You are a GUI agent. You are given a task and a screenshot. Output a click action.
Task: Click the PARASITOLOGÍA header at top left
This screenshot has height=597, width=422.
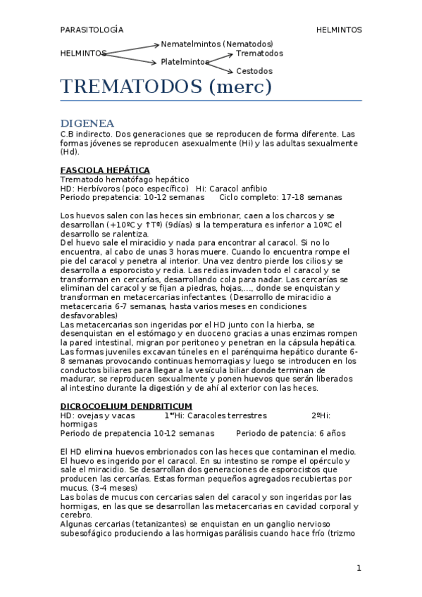coord(92,30)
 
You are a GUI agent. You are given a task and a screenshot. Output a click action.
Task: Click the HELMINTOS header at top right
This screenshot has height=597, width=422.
coord(339,30)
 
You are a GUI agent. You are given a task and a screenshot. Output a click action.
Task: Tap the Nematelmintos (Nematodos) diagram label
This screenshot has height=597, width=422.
coord(217,44)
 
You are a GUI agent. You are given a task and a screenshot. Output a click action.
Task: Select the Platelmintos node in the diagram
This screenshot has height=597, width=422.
coord(185,62)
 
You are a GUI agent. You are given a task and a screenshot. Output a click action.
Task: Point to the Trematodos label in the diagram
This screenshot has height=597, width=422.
coord(260,53)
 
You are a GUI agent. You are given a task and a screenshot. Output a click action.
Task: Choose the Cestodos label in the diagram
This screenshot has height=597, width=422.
coord(254,71)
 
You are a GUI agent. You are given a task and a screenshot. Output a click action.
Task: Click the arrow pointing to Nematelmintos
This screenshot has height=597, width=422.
coord(133,48)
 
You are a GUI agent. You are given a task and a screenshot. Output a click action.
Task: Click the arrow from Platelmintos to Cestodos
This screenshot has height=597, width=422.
coord(220,67)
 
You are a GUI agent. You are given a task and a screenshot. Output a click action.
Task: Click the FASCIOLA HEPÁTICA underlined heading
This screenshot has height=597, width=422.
coord(105,170)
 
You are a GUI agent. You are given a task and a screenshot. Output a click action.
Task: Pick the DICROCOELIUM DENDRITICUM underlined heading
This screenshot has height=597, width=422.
coord(126,406)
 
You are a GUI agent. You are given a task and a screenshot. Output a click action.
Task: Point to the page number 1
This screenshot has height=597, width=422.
coord(359,567)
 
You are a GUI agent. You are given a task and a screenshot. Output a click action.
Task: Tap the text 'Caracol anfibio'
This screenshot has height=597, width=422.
coord(238,189)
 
